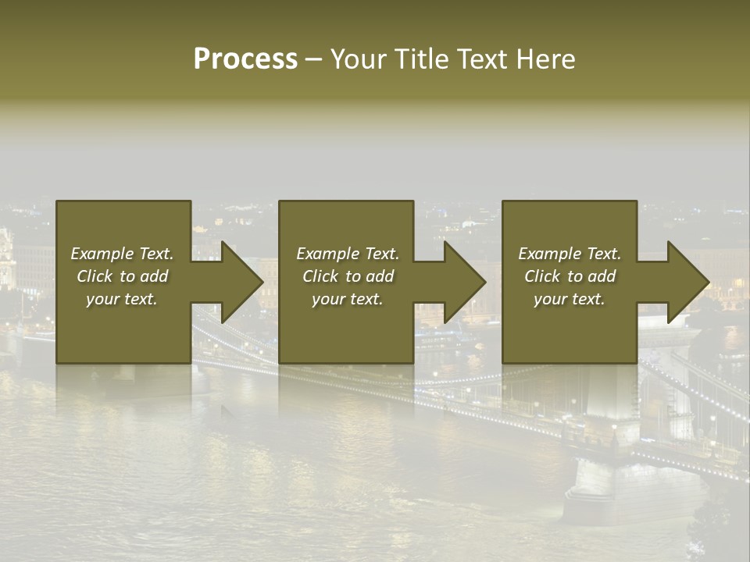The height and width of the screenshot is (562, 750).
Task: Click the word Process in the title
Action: coord(245,59)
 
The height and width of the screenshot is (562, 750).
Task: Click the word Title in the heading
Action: coord(420,59)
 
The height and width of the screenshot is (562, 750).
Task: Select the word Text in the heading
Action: coord(480,59)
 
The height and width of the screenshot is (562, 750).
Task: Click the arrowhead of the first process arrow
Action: coord(242,282)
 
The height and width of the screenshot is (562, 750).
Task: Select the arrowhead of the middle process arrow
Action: coord(465,282)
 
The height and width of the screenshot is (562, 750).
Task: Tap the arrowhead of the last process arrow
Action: coord(688,282)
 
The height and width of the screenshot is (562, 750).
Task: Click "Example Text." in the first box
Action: coord(122,254)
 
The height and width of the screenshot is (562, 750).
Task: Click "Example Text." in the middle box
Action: coord(348,254)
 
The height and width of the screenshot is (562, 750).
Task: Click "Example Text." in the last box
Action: coord(570,254)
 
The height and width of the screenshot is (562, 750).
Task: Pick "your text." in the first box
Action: coord(122,299)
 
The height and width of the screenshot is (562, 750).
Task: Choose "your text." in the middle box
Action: coord(348,299)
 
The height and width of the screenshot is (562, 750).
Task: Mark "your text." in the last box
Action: coord(570,299)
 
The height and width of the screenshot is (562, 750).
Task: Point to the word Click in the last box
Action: coord(543,276)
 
